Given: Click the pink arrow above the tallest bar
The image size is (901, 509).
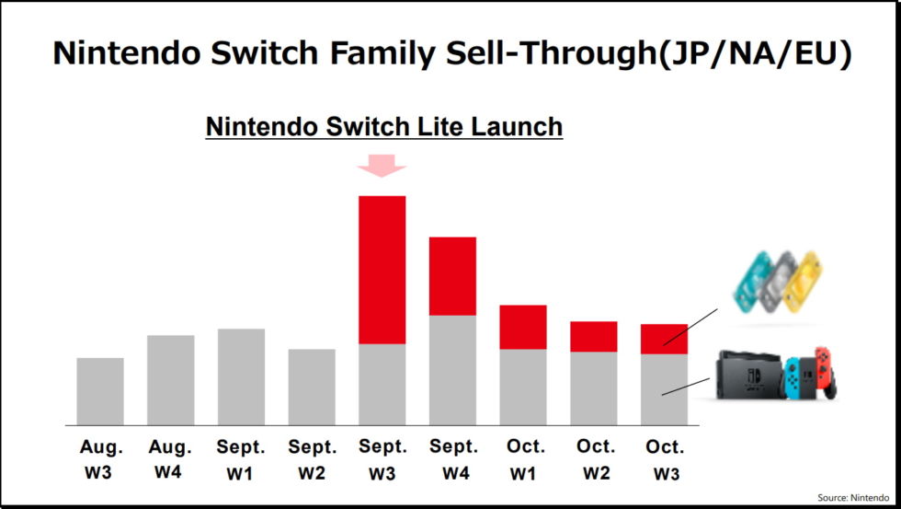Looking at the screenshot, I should tap(382, 166).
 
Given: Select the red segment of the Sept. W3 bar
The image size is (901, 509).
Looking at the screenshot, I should tap(382, 270).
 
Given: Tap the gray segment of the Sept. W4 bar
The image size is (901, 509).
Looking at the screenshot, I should tap(452, 370).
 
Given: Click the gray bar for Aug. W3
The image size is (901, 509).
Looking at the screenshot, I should tap(100, 391).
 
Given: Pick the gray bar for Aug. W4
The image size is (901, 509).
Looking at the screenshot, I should tap(171, 380).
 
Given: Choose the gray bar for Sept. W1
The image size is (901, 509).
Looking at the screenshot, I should tap(241, 376).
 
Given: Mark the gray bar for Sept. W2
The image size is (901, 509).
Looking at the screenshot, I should tap(312, 387).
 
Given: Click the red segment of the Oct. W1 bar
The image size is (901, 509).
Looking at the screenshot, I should tap(523, 327).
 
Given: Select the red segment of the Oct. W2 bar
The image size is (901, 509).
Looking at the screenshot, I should tap(593, 336).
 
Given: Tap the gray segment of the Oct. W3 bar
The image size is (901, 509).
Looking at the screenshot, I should tap(664, 389).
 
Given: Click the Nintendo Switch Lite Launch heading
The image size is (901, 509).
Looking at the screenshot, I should tap(383, 126).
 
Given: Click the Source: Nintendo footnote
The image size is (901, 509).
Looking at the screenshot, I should tap(854, 497).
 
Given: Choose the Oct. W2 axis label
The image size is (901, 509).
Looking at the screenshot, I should tap(594, 459).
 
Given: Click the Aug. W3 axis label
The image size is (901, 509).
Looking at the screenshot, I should tap(100, 459).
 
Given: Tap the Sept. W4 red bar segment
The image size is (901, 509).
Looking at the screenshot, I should tap(452, 276).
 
